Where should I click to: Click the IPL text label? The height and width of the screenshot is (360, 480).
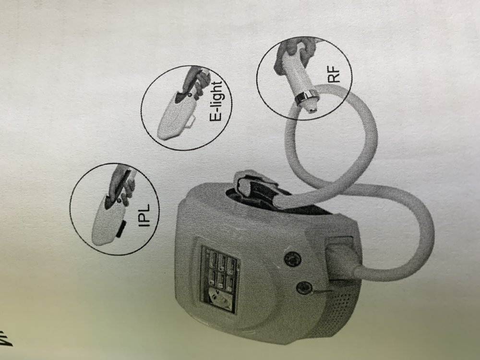click(x=144, y=216)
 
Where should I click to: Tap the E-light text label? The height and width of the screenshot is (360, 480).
click(x=217, y=101)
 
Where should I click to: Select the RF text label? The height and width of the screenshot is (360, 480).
click(x=334, y=75)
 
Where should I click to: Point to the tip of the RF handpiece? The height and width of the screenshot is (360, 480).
click(x=312, y=108)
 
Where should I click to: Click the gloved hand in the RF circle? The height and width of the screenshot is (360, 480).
click(x=293, y=55)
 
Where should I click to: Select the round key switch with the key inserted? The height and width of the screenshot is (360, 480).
click(x=304, y=288)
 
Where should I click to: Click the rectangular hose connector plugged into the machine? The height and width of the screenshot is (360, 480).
click(x=340, y=259)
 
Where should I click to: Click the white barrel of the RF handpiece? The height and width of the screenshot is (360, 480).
click(x=295, y=77)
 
